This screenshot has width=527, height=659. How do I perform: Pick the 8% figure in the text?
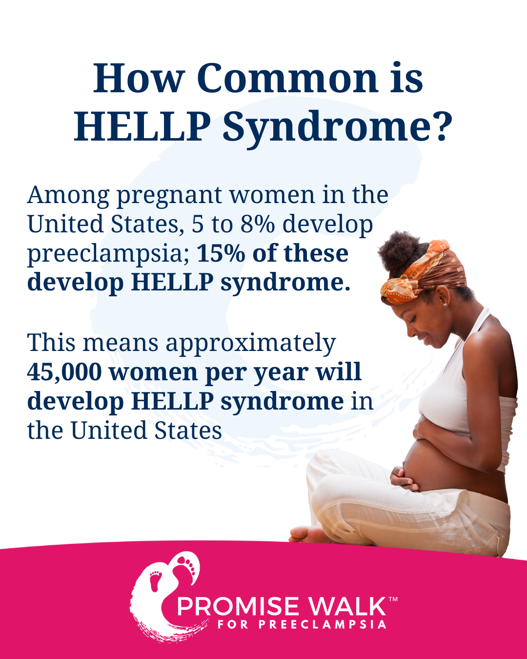[258, 224]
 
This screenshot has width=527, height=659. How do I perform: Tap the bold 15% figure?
[221, 253]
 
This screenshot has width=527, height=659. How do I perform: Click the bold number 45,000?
[64, 372]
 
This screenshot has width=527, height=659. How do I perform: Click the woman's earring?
[445, 304]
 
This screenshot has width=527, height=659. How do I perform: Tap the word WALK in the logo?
[346, 606]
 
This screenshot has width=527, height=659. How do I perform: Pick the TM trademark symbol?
[393, 599]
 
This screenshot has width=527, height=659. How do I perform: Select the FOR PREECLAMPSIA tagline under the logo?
[302, 624]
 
